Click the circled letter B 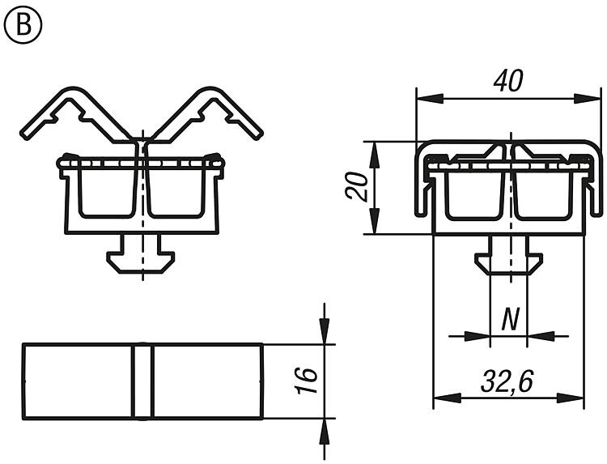(x=23, y=24)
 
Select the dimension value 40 (x=508, y=81)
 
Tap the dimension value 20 (x=357, y=187)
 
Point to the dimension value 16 (x=307, y=381)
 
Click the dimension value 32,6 (x=507, y=381)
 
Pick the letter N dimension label (x=510, y=320)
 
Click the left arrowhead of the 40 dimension (x=430, y=98)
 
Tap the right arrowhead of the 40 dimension (x=588, y=98)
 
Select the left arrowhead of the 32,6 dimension (x=447, y=398)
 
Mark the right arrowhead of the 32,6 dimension (x=570, y=398)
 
